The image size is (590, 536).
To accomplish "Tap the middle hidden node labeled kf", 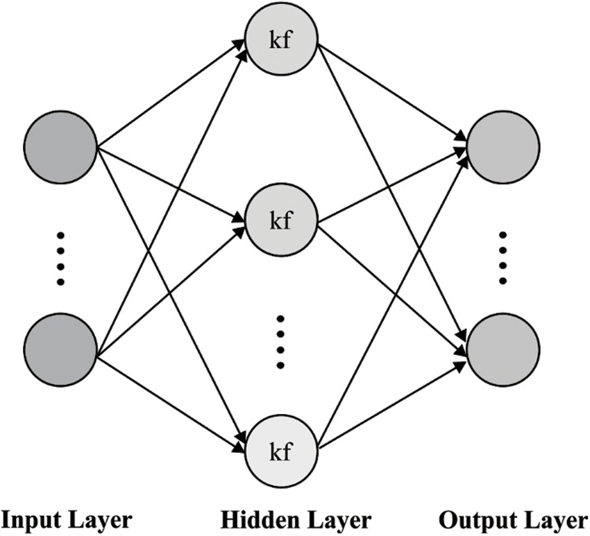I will [x=281, y=221].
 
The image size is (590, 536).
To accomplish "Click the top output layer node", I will [x=503, y=148].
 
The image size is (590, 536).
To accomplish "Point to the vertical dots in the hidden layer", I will [x=280, y=342].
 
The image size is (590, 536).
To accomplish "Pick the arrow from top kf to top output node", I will [x=392, y=94].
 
